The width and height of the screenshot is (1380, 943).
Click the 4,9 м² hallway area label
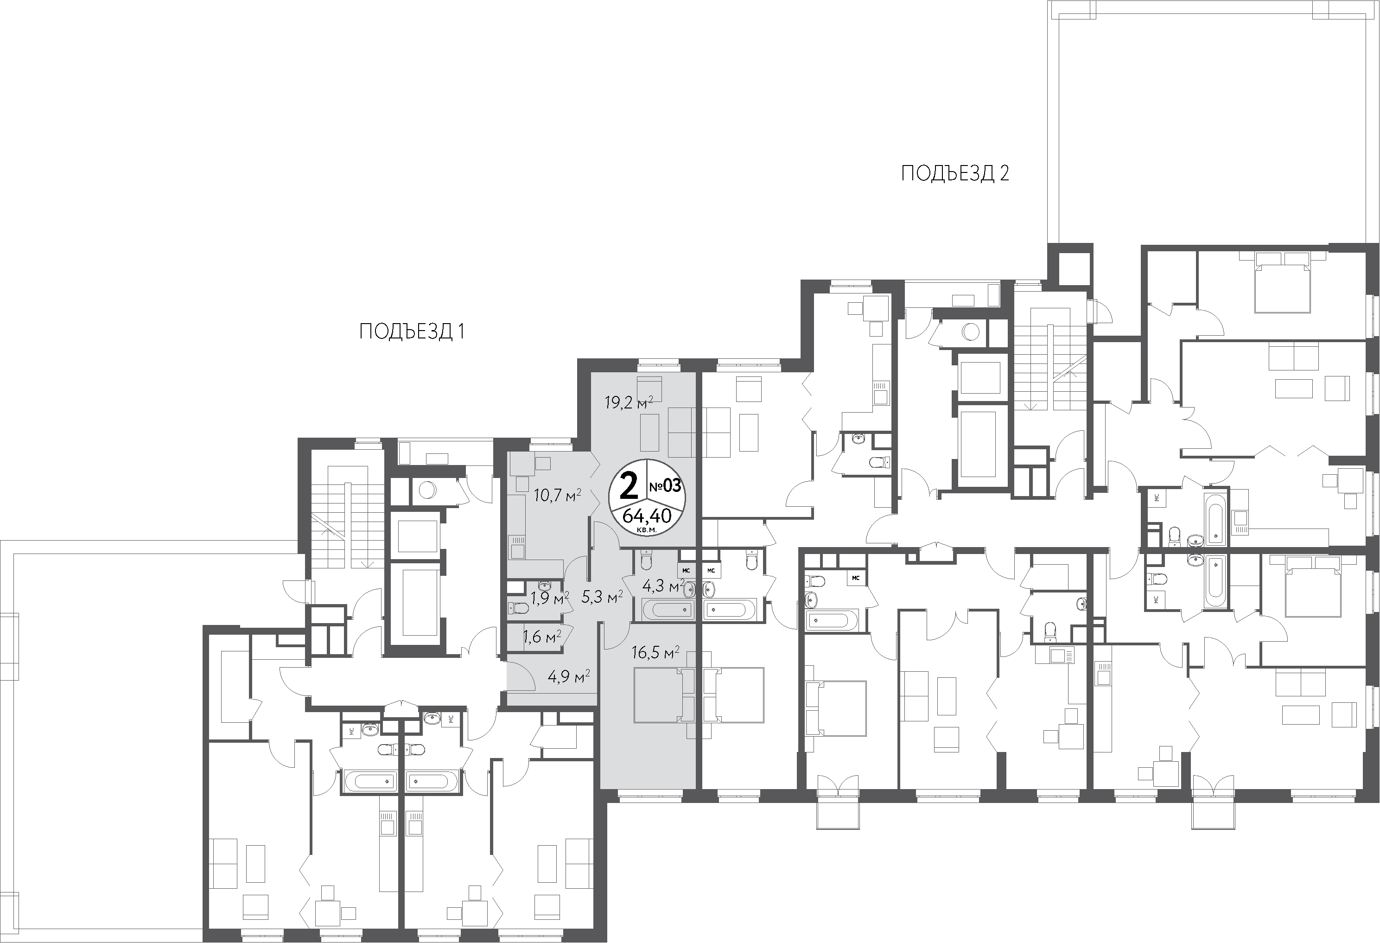coord(568,676)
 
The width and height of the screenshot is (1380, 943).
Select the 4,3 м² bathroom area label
coord(664,586)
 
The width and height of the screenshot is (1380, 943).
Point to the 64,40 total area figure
coord(647,516)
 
